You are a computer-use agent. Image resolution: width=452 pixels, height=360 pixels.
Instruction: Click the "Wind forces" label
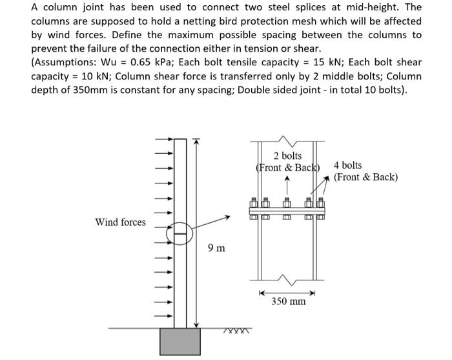120,222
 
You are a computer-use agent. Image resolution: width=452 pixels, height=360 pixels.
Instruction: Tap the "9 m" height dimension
217,248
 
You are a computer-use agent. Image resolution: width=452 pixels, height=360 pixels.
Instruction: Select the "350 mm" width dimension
288,302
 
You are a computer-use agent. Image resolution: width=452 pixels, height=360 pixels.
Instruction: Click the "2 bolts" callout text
287,156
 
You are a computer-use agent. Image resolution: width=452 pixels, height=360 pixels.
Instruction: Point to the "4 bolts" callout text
348,165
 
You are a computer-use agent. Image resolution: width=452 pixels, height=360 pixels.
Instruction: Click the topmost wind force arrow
164,138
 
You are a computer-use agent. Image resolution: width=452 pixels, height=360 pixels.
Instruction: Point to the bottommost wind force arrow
164,316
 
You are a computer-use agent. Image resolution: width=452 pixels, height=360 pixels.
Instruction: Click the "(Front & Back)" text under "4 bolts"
365,177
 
